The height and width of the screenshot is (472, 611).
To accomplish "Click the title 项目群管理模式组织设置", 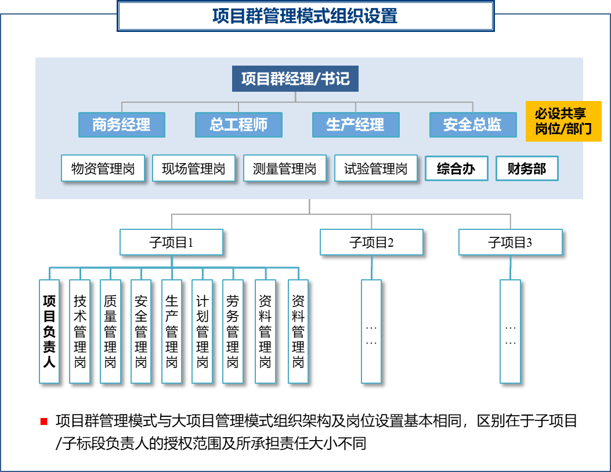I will pos(305,16).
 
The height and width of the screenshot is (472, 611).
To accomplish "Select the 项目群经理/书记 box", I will pos(295,78).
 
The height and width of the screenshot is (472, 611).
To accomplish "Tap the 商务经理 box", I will pos(122,125).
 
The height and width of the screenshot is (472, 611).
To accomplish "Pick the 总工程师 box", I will pos(238,125).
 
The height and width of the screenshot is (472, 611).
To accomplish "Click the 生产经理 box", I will pos(356,125).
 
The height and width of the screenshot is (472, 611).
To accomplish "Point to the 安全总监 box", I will pos(473,125).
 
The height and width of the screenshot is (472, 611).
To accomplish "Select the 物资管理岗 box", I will pos(103,169).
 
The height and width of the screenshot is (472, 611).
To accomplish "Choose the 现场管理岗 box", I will pos(194,169).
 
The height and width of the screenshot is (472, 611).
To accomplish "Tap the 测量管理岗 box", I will pos(285,169).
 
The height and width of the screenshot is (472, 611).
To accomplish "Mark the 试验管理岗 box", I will pos(376,169).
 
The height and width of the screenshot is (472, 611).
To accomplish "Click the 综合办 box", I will pos(457,169).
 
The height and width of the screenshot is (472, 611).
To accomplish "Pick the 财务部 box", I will pos(527,169).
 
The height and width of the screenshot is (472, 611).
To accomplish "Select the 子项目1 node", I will pos(171,242).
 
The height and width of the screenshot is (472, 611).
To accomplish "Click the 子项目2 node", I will pos(371,242).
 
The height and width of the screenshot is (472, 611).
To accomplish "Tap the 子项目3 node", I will pos(511,242).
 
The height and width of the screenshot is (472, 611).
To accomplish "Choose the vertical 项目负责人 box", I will pos(49,332).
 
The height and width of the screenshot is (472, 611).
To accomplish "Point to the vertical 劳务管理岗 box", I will pos(233,332).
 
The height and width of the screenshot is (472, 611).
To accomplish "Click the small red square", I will pos(44,421).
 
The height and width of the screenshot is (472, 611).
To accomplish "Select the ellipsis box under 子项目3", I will pos(511,332).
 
